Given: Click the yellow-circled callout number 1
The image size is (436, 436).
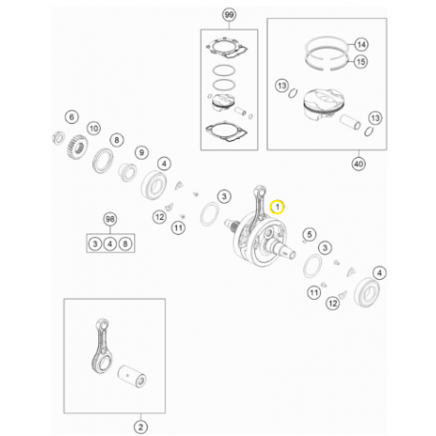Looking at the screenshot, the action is pyautogui.click(x=277, y=208).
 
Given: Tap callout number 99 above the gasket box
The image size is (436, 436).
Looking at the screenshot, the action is pyautogui.click(x=229, y=15).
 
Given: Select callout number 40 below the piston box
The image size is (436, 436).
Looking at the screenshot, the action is pyautogui.click(x=359, y=164).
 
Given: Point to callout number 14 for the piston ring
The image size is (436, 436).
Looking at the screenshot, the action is pyautogui.click(x=361, y=45).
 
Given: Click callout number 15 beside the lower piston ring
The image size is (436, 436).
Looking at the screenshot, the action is pyautogui.click(x=361, y=62).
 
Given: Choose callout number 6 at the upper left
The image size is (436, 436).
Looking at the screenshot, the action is pyautogui.click(x=71, y=117).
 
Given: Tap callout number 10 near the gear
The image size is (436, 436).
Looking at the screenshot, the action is pyautogui.click(x=93, y=129).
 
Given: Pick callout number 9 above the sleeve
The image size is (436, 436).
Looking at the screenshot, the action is pyautogui.click(x=142, y=152).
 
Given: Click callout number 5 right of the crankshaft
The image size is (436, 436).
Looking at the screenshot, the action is pyautogui.click(x=309, y=234).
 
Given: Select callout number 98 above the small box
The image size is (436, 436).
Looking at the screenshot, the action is pyautogui.click(x=110, y=219).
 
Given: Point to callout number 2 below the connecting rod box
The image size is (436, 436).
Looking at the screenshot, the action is pyautogui.click(x=141, y=427).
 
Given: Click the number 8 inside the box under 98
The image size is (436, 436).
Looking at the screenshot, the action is pyautogui.click(x=126, y=244).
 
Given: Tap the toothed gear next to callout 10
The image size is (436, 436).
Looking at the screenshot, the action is pyautogui.click(x=77, y=147).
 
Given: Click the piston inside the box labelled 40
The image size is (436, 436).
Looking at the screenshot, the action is pyautogui.click(x=323, y=105).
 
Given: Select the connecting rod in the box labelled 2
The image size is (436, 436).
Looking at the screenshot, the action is pyautogui.click(x=102, y=346).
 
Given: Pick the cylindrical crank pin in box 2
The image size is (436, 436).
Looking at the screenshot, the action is pyautogui.click(x=132, y=376).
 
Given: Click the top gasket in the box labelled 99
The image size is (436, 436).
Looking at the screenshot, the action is pyautogui.click(x=228, y=48).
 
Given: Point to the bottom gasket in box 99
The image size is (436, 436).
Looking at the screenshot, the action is pyautogui.click(x=227, y=130).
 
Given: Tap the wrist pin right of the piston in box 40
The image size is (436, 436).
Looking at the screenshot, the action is pyautogui.click(x=350, y=123).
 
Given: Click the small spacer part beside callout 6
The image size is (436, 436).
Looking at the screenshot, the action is pyautogui.click(x=58, y=138).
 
